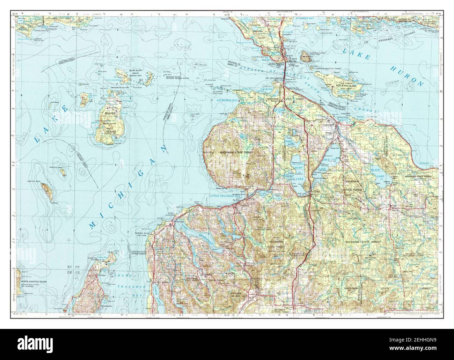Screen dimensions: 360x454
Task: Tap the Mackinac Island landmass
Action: (306, 56)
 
